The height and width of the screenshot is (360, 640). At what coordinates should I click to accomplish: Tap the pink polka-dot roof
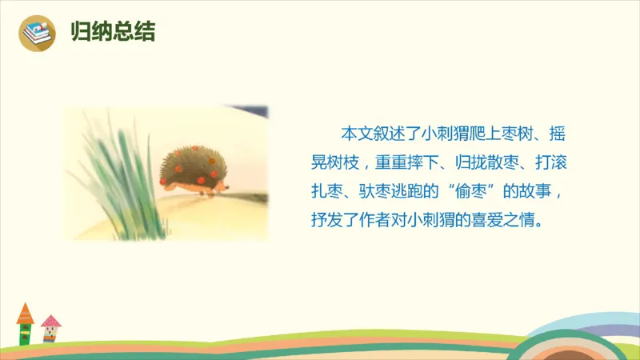coord(51,321)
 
